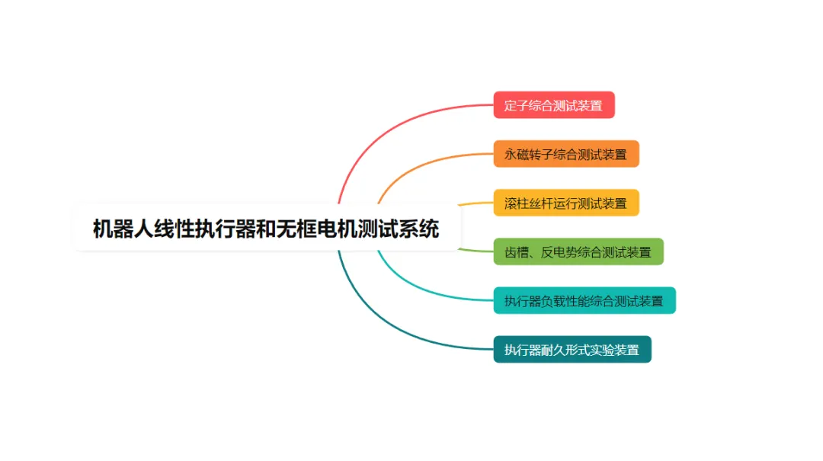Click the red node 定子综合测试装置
[554, 105]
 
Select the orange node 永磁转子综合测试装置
[566, 154]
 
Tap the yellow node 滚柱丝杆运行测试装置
[566, 203]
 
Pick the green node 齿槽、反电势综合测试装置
[578, 251]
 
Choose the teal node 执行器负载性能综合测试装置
[584, 300]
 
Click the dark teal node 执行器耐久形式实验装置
[572, 350]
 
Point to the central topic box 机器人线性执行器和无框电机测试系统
[267, 229]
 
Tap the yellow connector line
[476, 203]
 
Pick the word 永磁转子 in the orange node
[528, 154]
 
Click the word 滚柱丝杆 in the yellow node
[528, 203]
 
